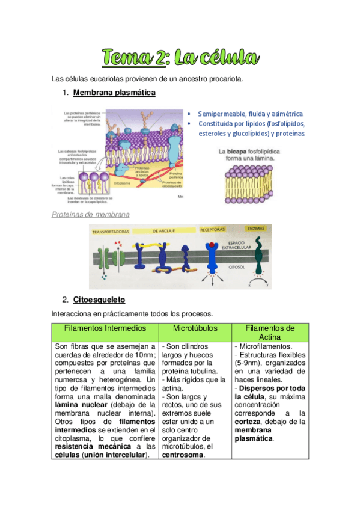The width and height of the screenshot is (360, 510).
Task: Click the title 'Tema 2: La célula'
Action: point(180,58)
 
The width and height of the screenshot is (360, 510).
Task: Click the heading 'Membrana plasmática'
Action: point(114,93)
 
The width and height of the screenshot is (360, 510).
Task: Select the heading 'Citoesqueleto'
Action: point(99,299)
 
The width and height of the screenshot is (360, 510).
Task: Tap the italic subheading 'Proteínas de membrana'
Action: point(91,214)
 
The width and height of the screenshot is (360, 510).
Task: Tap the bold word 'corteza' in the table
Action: point(248,422)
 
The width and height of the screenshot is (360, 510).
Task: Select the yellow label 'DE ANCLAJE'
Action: point(163,230)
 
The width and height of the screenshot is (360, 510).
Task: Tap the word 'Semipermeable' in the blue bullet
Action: point(225,114)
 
